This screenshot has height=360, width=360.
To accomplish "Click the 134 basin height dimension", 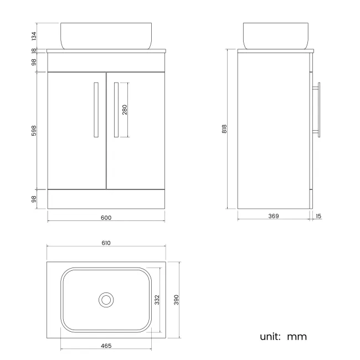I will pyautogui.click(x=34, y=36).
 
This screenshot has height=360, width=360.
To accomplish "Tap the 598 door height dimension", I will pyautogui.click(x=34, y=131).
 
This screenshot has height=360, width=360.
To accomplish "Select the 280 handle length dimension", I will pyautogui.click(x=125, y=110).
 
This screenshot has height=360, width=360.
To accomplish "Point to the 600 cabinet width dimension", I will pyautogui.click(x=106, y=218).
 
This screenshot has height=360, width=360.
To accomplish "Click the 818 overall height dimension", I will pyautogui.click(x=224, y=129).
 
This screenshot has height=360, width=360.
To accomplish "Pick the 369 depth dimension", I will pyautogui.click(x=274, y=216).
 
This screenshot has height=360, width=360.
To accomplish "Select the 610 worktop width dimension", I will pyautogui.click(x=106, y=243).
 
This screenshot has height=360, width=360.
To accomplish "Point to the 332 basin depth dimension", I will pyautogui.click(x=157, y=300).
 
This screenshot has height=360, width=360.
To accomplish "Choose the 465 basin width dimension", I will pyautogui.click(x=106, y=346).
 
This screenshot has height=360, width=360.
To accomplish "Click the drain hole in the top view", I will pyautogui.click(x=106, y=300).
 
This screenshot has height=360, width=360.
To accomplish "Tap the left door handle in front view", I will pyautogui.click(x=96, y=110).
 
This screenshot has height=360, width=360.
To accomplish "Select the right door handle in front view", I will pyautogui.click(x=116, y=110).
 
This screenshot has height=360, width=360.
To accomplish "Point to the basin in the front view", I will pyautogui.click(x=106, y=35).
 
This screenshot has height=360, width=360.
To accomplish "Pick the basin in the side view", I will pyautogui.click(x=275, y=35).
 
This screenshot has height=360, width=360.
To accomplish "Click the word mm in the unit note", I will pyautogui.click(x=296, y=336).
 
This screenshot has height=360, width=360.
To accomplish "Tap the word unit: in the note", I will pyautogui.click(x=271, y=336).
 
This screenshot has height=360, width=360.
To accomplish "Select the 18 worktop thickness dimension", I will pyautogui.click(x=34, y=50).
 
